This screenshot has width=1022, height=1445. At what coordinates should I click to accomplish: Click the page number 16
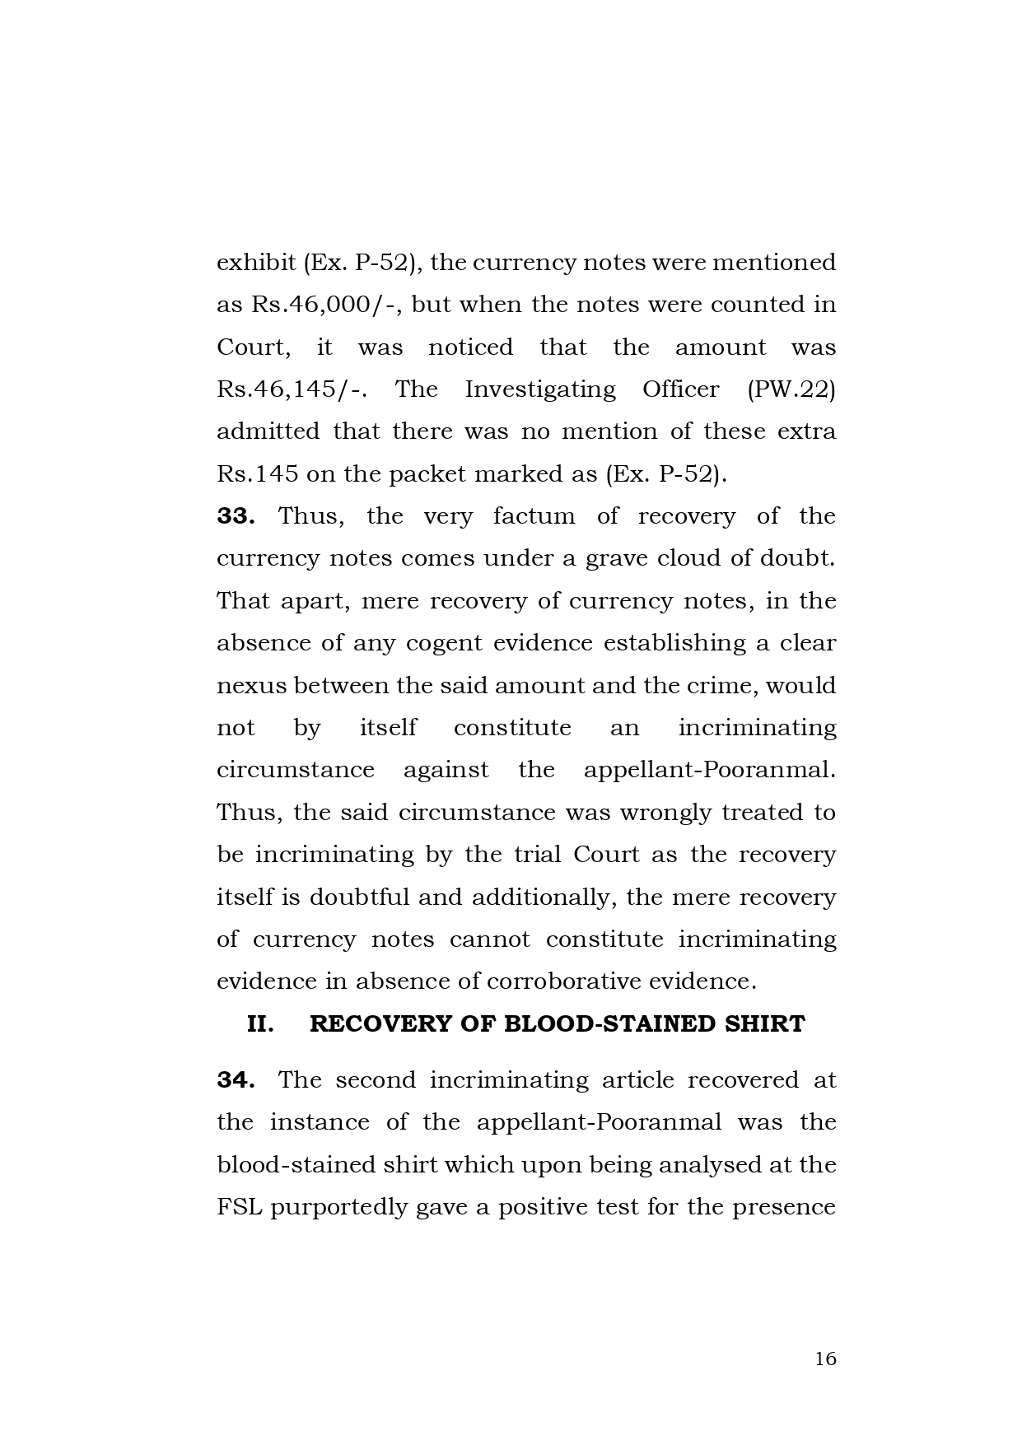825,1359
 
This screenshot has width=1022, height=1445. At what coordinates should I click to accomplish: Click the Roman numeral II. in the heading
260,1024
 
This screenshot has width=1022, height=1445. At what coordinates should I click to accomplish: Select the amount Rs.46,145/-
292,389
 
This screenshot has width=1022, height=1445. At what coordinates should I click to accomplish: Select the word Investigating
540,389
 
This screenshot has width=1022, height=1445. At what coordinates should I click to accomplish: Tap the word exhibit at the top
256,263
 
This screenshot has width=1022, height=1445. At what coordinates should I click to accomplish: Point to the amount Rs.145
256,474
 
